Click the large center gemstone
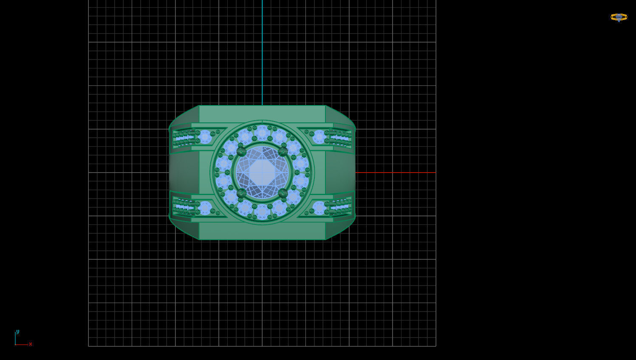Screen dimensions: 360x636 (262, 172)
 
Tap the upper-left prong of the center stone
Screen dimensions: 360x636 (241, 152)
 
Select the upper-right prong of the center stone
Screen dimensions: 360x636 (283, 152)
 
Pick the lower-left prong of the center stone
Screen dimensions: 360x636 (241, 193)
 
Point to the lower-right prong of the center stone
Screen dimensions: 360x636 (283, 193)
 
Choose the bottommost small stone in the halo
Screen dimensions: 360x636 (262, 212)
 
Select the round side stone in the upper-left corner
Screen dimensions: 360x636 (205, 137)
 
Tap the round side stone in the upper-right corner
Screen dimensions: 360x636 (319, 137)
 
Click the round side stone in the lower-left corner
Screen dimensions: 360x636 (205, 208)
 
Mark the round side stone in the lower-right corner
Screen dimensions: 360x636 (319, 208)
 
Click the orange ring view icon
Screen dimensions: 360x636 (619, 17)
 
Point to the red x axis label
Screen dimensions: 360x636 (31, 344)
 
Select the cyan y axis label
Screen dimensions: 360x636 (17, 332)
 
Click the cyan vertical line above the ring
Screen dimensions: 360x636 (262, 51)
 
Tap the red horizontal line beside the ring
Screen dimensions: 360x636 (395, 173)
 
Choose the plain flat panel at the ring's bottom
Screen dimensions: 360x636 (262, 231)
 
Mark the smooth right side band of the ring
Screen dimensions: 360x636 (340, 172)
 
